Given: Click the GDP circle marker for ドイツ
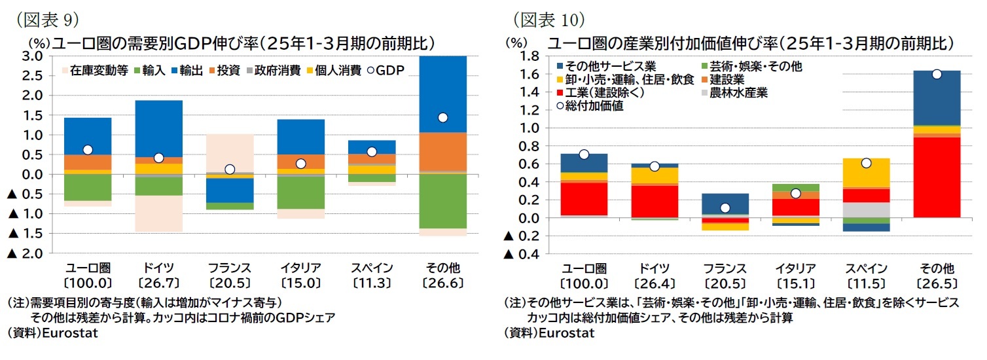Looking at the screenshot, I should point(158,158).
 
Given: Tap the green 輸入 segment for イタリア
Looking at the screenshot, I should point(300,192).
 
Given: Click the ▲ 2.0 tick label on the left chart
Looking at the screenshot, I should point(26,253).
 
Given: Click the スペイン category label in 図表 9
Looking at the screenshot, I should point(371,268).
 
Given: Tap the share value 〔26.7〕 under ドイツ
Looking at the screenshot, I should point(158,283).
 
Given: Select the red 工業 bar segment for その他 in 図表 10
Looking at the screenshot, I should point(937,177).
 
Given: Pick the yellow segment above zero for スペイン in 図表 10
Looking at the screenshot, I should point(866,173).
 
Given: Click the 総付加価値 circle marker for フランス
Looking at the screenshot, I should point(725,208).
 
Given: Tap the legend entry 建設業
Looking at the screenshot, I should point(729,79).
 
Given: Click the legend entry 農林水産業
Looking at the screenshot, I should point(738,92).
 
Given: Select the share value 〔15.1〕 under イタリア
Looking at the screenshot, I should point(795,283).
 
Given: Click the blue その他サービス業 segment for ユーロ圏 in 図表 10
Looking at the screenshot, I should point(584,163).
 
